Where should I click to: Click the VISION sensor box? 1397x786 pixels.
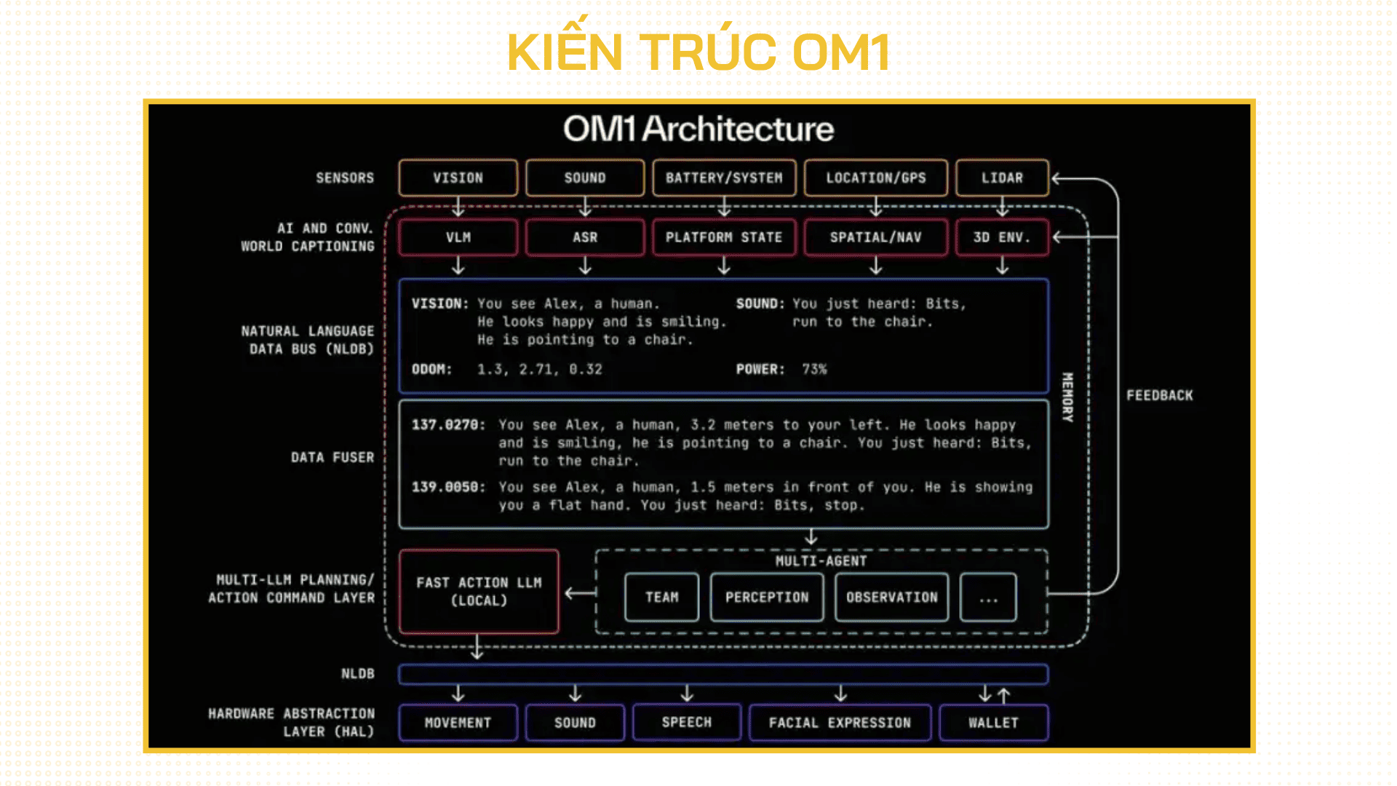click(x=458, y=178)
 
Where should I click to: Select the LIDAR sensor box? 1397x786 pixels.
click(x=1002, y=178)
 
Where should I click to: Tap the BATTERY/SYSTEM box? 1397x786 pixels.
click(x=724, y=178)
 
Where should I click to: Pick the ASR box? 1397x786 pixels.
click(x=585, y=237)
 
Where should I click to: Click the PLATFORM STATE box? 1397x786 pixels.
click(x=724, y=237)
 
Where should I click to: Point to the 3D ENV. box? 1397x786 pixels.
click(x=1002, y=237)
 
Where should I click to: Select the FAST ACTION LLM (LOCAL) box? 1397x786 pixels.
click(x=479, y=591)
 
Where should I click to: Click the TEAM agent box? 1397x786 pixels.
click(x=661, y=597)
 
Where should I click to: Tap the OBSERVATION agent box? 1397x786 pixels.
click(x=891, y=597)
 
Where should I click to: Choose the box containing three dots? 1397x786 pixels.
click(x=987, y=597)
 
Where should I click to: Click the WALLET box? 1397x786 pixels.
click(x=993, y=723)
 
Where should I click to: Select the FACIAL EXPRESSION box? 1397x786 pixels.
click(x=840, y=723)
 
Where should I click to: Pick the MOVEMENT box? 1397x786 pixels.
click(x=458, y=723)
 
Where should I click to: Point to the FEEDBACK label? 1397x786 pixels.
click(x=1159, y=395)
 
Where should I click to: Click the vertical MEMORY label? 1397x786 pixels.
click(x=1067, y=397)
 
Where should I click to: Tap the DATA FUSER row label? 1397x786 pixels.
click(x=333, y=457)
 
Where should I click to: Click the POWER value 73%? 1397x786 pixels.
click(x=814, y=369)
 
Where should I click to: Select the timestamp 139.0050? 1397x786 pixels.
click(x=447, y=487)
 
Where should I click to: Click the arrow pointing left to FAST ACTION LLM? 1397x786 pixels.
click(x=580, y=593)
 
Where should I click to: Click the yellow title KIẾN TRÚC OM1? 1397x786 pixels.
click(x=698, y=52)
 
